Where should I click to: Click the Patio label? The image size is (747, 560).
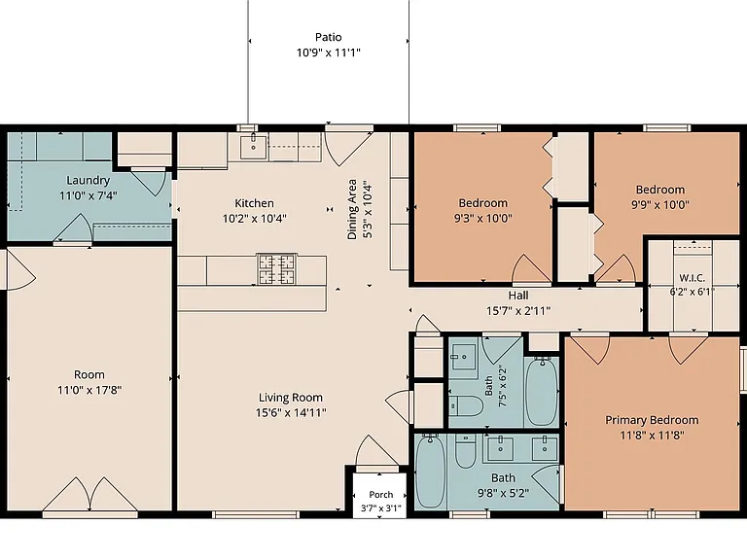click(328, 37)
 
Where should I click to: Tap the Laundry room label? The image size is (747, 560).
click(89, 180)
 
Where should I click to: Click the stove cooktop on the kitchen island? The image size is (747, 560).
click(277, 269)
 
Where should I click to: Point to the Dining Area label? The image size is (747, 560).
click(352, 209)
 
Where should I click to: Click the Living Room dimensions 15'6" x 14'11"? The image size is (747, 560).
click(291, 412)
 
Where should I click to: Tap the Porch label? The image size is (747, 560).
click(381, 495)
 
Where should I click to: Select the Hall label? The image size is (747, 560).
click(517, 296)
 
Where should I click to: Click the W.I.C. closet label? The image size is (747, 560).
click(693, 278)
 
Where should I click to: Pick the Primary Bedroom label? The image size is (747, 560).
click(652, 420)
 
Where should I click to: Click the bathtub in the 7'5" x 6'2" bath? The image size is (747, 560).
click(542, 392)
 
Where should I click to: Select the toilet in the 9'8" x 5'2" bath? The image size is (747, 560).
click(466, 451)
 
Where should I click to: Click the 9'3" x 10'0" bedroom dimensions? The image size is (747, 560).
click(483, 218)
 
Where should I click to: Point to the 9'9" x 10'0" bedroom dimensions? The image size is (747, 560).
click(660, 205)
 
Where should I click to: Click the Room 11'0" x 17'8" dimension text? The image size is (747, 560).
click(89, 390)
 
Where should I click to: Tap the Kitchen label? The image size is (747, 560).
click(255, 203)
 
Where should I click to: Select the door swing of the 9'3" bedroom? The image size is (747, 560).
click(530, 268)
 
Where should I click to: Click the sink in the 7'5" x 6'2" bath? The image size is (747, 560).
click(464, 355)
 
